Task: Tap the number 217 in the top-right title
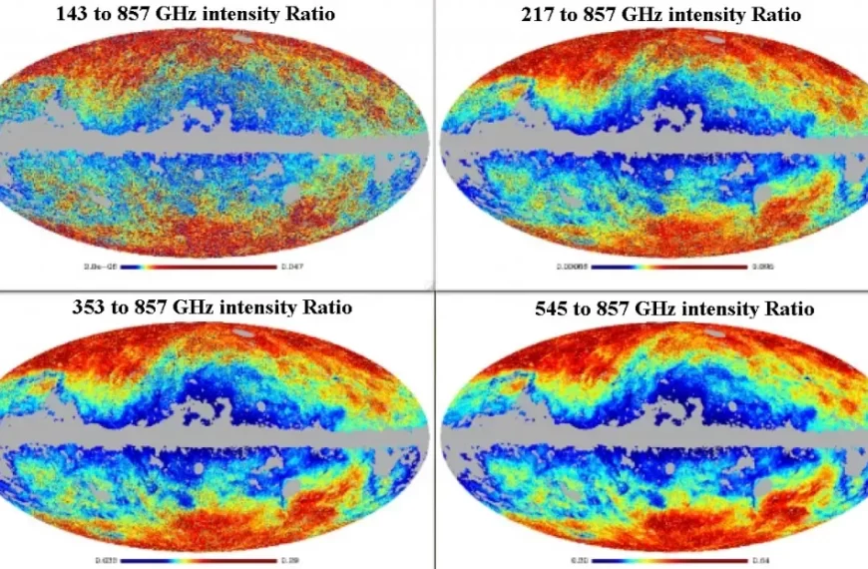(539, 15)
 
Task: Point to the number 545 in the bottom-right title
(554, 308)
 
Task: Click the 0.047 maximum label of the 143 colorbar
(292, 268)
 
